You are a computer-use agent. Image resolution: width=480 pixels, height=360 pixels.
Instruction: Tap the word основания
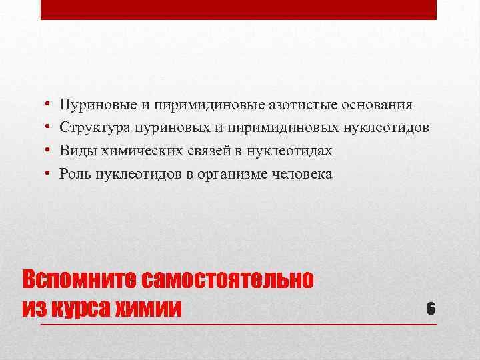pos(377,105)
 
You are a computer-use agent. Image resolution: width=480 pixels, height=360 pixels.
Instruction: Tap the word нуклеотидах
pos(289,151)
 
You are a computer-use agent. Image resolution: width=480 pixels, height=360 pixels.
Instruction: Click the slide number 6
pos(431,308)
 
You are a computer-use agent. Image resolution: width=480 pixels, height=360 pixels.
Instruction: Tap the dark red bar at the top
pos(239,9)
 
